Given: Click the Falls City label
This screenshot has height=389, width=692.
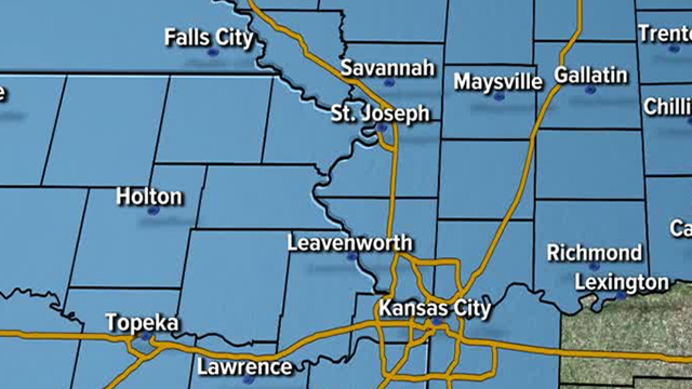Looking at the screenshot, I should [x=209, y=38].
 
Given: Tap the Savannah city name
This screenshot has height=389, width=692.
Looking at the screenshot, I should [x=388, y=68].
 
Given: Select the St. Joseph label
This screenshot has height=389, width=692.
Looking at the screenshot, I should [x=380, y=113].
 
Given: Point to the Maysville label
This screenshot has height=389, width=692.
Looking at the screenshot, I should [x=498, y=82].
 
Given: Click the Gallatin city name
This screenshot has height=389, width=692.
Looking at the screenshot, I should [x=591, y=76].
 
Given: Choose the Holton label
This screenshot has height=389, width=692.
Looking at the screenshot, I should [x=149, y=197].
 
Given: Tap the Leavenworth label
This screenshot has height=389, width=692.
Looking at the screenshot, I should [x=349, y=243].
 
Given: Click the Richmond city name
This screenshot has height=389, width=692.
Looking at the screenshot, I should [x=594, y=253].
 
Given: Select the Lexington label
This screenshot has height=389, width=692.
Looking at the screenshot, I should [x=622, y=283].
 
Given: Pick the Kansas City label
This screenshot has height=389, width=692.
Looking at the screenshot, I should [x=435, y=308].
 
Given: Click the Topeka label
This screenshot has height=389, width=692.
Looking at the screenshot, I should [x=142, y=323].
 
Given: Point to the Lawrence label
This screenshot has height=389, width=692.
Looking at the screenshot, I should [x=245, y=367].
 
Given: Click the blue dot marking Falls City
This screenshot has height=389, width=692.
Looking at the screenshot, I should [x=212, y=52].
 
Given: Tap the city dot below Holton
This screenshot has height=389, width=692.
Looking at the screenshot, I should [x=153, y=210].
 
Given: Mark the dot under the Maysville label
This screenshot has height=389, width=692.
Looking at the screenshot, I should [x=499, y=96].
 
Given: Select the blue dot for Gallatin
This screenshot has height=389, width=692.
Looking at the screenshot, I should [x=590, y=90].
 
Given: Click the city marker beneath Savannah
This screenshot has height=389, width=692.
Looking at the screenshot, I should [x=389, y=83].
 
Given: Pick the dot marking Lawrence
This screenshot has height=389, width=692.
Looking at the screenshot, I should [x=248, y=380].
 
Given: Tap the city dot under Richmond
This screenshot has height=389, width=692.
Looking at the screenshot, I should [x=594, y=267].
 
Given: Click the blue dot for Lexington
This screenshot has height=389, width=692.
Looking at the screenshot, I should [x=621, y=296].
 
